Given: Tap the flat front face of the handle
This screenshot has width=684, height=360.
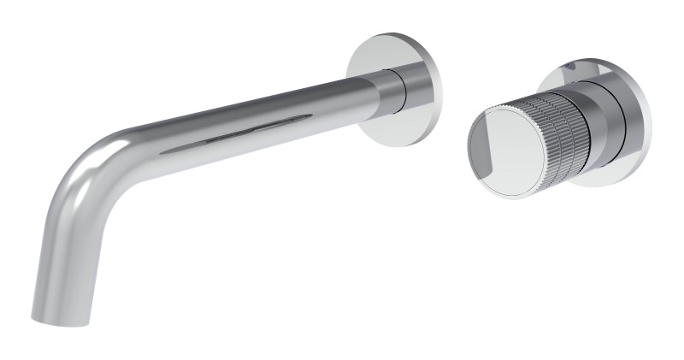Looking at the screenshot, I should click(x=504, y=154).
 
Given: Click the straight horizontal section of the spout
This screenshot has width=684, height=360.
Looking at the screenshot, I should click(x=256, y=120).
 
